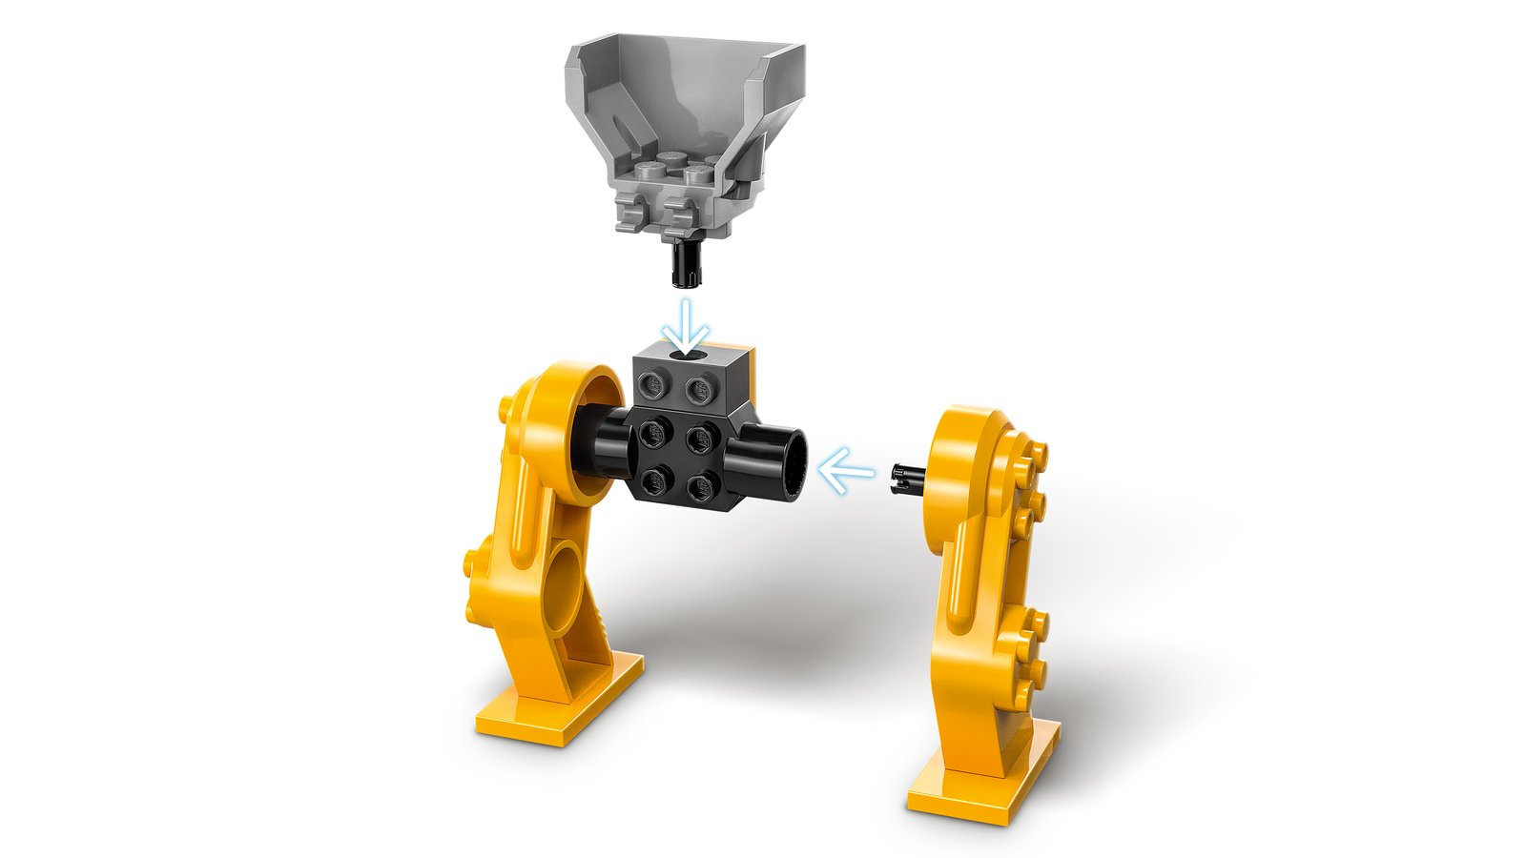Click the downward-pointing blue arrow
pos(687,327)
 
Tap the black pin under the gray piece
pos(685,262)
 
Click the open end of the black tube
pos(791,464)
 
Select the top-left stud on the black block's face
pos(654,434)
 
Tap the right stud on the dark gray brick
pos(701,387)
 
